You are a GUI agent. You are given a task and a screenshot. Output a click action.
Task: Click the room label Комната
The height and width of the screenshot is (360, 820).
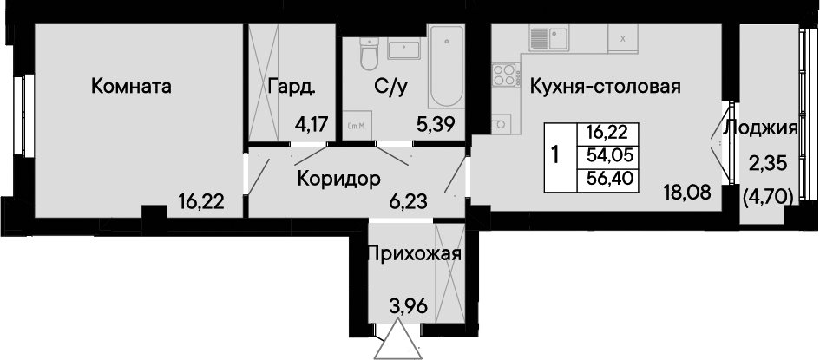(131, 87)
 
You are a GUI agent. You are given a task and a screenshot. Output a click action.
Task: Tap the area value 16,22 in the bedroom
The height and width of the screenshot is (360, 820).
(201, 200)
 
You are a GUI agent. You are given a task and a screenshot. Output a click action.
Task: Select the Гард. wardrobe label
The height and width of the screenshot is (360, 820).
(292, 87)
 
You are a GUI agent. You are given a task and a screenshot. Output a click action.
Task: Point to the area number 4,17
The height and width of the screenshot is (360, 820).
(311, 125)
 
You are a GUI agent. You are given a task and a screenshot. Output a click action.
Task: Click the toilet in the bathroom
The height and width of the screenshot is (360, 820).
(369, 56)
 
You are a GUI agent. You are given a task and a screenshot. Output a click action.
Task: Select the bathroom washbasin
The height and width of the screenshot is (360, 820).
(404, 50)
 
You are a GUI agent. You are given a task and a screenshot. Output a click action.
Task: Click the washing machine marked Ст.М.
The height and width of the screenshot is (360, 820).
(358, 125)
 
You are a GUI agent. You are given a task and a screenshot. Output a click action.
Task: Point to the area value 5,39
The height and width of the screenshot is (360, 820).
(435, 125)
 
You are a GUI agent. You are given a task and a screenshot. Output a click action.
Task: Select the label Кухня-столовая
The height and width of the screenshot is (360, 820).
(605, 87)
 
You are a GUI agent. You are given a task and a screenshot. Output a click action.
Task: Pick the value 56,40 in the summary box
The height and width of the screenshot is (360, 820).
(609, 179)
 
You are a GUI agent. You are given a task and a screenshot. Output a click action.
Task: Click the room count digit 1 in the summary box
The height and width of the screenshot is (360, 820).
(557, 154)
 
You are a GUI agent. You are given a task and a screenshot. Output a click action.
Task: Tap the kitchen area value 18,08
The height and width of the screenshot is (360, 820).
(689, 192)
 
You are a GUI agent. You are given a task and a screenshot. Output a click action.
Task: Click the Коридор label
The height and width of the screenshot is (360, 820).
(338, 180)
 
